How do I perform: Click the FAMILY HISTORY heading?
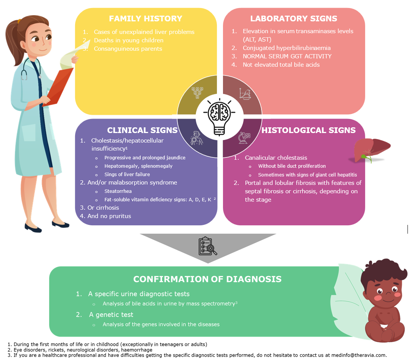[x=146, y=18]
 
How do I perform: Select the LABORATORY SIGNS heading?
[x=294, y=18]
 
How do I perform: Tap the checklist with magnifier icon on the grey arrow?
[x=208, y=246]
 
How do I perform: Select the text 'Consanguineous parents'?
[x=128, y=48]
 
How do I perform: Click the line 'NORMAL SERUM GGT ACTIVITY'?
[x=287, y=56]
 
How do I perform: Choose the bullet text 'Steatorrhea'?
[x=118, y=191]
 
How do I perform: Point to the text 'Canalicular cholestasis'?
[x=276, y=157]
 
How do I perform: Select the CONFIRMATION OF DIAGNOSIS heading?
[x=207, y=279]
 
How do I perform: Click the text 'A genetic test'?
[x=111, y=314]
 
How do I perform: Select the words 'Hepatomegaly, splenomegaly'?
[x=138, y=166]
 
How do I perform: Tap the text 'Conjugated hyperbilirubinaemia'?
[x=287, y=48]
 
